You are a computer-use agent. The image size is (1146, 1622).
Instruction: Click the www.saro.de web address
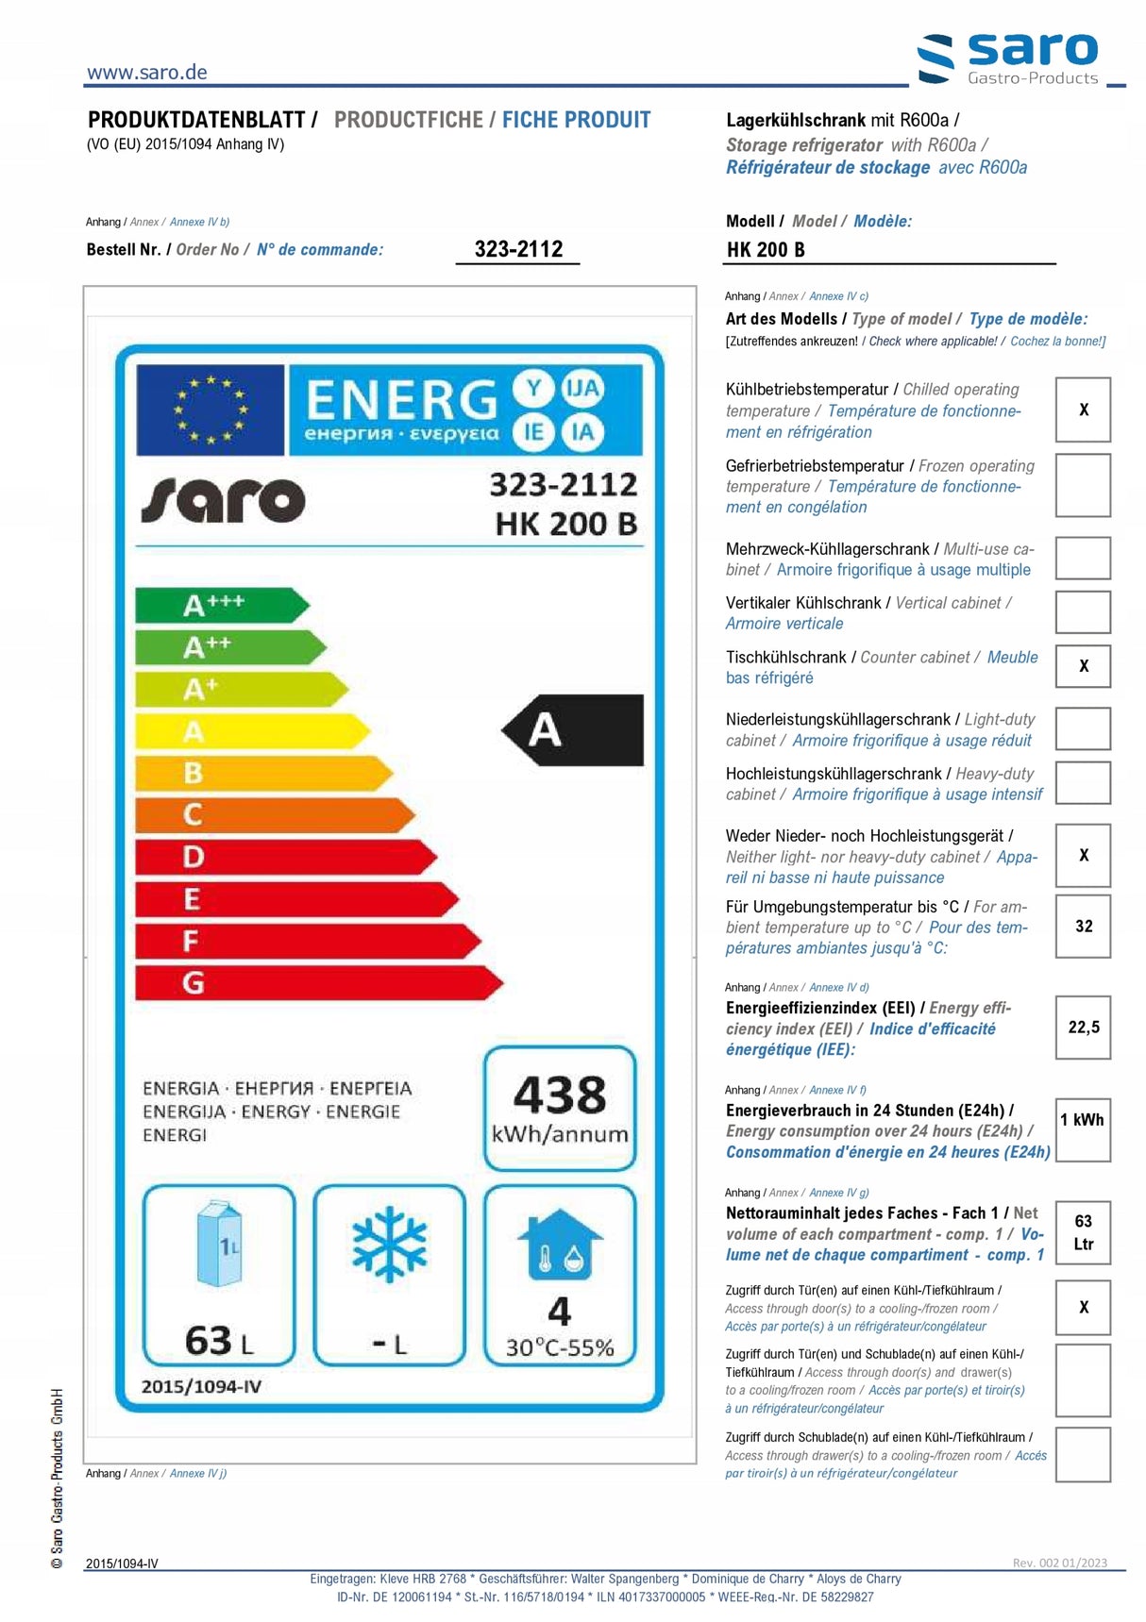click(x=146, y=73)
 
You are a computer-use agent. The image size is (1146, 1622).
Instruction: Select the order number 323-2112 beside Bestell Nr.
click(x=518, y=249)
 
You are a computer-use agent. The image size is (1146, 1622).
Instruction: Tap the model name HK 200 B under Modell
click(x=766, y=250)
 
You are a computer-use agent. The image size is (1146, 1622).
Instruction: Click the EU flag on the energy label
click(x=211, y=410)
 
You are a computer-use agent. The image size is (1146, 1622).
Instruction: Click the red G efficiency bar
click(x=317, y=983)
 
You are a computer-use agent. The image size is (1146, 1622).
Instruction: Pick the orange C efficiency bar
click(x=274, y=814)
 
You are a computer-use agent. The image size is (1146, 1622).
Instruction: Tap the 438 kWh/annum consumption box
click(x=560, y=1109)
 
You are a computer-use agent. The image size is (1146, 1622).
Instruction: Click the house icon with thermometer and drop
click(x=560, y=1246)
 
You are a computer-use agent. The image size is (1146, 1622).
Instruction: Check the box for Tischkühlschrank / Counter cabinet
click(x=1083, y=666)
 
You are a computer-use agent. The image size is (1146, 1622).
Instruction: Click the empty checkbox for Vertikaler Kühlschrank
click(x=1083, y=612)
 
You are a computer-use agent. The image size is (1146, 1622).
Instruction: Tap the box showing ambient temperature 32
click(x=1083, y=927)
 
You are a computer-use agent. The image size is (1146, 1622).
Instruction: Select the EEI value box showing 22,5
click(x=1083, y=1028)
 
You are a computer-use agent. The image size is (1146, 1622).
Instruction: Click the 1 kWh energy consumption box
click(x=1083, y=1129)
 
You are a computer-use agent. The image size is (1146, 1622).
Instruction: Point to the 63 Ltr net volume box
click(x=1083, y=1232)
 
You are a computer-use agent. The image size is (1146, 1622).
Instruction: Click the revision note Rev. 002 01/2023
click(x=1059, y=1563)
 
